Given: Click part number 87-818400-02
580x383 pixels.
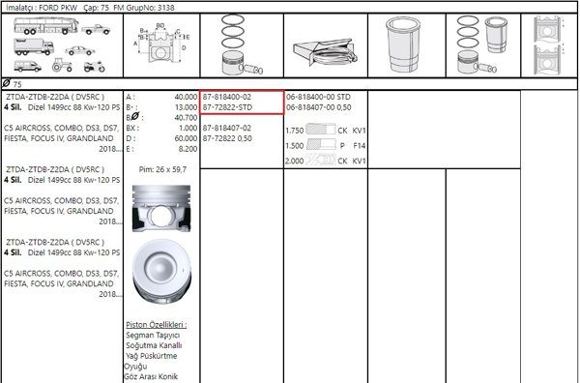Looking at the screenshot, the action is pyautogui.click(x=227, y=97).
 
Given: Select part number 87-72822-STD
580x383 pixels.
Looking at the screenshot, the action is pyautogui.click(x=227, y=107).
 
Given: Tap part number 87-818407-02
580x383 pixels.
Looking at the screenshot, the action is pyautogui.click(x=227, y=128).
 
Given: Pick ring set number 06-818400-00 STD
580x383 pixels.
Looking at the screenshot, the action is pyautogui.click(x=318, y=97).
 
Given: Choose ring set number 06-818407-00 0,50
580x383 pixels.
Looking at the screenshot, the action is pyautogui.click(x=318, y=107).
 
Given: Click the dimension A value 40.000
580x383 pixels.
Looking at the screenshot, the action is pyautogui.click(x=186, y=97).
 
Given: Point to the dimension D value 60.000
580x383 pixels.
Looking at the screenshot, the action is pyautogui.click(x=186, y=138).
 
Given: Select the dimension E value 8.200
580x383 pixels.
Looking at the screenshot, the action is pyautogui.click(x=188, y=149).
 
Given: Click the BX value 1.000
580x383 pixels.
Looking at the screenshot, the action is pyautogui.click(x=188, y=128).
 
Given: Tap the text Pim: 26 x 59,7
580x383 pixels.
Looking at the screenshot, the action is pyautogui.click(x=162, y=169).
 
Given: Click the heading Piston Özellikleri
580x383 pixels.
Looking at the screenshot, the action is pyautogui.click(x=156, y=325).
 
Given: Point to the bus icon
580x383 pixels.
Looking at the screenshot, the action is pyautogui.click(x=46, y=25).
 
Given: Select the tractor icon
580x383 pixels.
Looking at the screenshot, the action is pyautogui.click(x=62, y=65).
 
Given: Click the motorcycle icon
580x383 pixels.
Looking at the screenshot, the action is pyautogui.click(x=95, y=66).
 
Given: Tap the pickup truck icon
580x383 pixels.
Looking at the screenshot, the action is pyautogui.click(x=96, y=29).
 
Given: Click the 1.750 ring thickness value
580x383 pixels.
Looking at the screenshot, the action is pyautogui.click(x=295, y=131).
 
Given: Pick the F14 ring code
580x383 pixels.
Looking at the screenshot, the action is pyautogui.click(x=360, y=146).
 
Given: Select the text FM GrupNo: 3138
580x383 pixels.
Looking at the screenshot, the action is pyautogui.click(x=144, y=8).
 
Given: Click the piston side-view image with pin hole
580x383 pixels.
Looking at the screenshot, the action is pyautogui.click(x=161, y=208).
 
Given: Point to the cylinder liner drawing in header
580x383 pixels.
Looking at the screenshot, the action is pyautogui.click(x=403, y=44).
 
